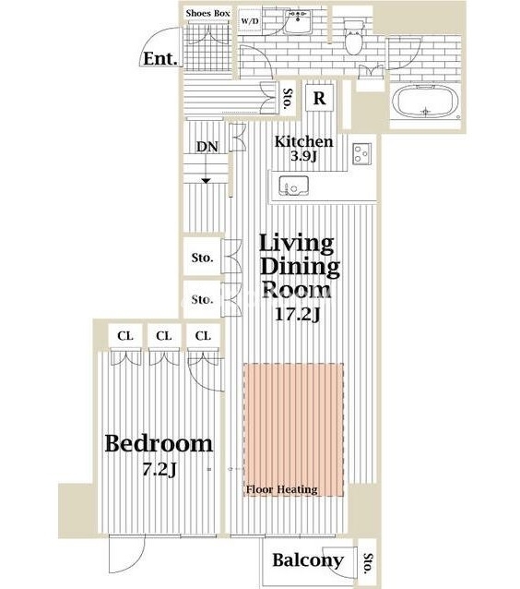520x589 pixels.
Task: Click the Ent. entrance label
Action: (x=160, y=58)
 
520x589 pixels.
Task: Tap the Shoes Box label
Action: (x=207, y=13)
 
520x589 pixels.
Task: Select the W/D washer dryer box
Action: (x=250, y=20)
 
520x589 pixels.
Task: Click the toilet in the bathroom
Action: (x=353, y=38)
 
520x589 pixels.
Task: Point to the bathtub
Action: (x=426, y=102)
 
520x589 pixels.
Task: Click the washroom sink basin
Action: (x=298, y=21)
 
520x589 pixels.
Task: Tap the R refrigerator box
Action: (x=319, y=98)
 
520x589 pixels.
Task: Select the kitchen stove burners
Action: (x=361, y=153)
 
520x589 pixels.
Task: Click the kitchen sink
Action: (x=293, y=186)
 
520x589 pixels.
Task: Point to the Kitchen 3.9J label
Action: (x=304, y=148)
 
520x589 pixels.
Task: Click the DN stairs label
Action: (x=207, y=147)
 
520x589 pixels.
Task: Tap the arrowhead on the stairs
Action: (x=206, y=181)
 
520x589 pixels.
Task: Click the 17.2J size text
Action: (x=298, y=314)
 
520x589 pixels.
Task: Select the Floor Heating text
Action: (x=282, y=489)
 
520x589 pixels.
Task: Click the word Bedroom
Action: (x=159, y=444)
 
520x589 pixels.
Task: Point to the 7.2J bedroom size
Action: (x=160, y=469)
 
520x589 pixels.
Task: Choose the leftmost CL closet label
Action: (x=125, y=335)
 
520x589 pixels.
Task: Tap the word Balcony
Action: (x=308, y=560)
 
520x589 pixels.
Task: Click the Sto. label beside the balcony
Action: (x=368, y=563)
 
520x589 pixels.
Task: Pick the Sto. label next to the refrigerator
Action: (x=288, y=99)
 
